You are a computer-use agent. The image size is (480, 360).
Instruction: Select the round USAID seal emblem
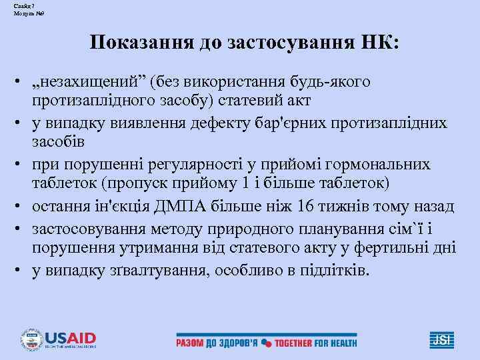(31, 340)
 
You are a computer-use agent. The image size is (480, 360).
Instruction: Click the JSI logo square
(441, 340)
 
